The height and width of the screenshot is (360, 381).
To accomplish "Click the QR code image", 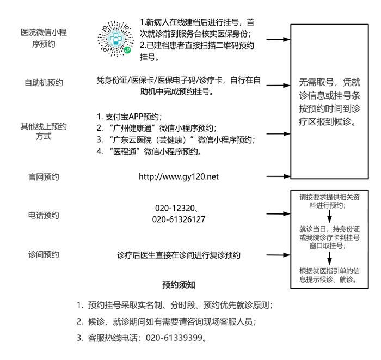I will point(115,39).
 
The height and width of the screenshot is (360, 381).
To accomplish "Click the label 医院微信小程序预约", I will point(44,39).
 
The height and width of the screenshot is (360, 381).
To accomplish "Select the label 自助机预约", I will point(44,83).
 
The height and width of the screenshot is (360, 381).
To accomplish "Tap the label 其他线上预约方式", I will point(44,131).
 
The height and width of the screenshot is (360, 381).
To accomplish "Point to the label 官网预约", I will point(44,177).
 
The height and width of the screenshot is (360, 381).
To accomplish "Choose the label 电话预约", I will point(44,215).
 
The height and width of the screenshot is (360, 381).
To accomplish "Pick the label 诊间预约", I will point(44,254).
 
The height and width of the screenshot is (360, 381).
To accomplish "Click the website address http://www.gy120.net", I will point(179,177).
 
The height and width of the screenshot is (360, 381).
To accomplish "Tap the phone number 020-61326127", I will point(179,219).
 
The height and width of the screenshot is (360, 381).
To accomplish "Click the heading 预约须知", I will point(179,284).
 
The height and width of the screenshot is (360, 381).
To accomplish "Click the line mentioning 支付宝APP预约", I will point(129,117).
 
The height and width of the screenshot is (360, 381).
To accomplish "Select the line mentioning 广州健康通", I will point(156,128).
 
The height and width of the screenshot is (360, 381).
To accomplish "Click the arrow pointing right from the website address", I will point(278,176).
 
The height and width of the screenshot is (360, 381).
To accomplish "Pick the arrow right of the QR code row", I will point(278,40).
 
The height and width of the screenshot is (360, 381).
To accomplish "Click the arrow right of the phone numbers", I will point(278,214).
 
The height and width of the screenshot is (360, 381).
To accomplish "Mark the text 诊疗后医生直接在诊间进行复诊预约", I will point(179,254).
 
